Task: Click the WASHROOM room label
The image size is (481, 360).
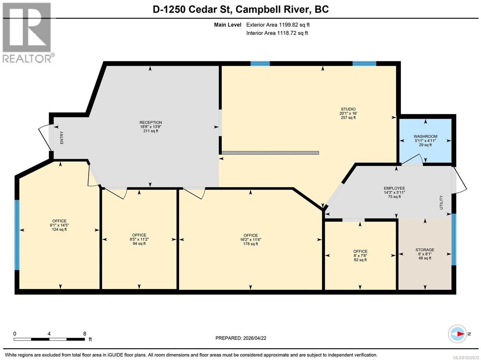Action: click(x=425, y=136)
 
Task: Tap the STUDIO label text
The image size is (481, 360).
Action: click(x=348, y=109)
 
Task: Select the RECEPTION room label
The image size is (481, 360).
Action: click(x=151, y=122)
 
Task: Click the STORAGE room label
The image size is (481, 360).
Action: click(x=425, y=250)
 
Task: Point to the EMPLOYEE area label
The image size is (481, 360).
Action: click(x=394, y=188)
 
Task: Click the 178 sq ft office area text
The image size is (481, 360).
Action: click(x=250, y=244)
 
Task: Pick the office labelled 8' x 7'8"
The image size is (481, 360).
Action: click(x=360, y=255)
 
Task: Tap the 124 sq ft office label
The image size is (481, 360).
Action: click(x=59, y=229)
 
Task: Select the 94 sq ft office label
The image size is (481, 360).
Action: click(x=139, y=243)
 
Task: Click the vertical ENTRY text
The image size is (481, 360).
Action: click(x=62, y=138)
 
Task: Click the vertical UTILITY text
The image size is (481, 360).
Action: click(x=441, y=202)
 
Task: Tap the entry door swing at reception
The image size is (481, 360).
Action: click(x=45, y=137)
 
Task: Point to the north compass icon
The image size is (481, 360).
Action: click(x=458, y=334)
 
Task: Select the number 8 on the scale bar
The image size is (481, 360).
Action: click(x=85, y=334)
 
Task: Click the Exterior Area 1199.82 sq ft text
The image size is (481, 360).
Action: click(x=278, y=25)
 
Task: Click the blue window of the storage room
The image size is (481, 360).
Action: click(x=454, y=239)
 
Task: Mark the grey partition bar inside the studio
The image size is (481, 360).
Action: click(x=270, y=153)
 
